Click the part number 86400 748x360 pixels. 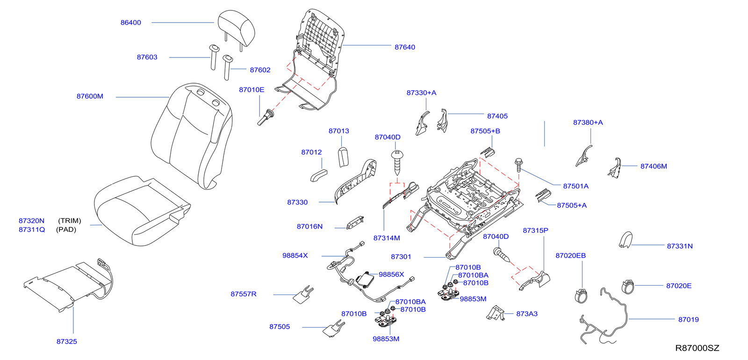pyautogui.click(x=130, y=22)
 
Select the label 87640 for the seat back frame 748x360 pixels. pyautogui.click(x=404, y=47)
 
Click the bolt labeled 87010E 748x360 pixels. pyautogui.click(x=265, y=117)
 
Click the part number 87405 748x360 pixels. pyautogui.click(x=497, y=116)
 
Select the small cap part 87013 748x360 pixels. pyautogui.click(x=344, y=156)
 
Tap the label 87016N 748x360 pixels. pyautogui.click(x=309, y=226)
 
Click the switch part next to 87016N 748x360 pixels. pyautogui.click(x=355, y=223)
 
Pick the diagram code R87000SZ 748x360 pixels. pyautogui.click(x=697, y=348)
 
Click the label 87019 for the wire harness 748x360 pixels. pyautogui.click(x=688, y=319)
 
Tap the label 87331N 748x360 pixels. pyautogui.click(x=679, y=246)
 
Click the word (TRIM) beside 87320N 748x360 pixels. pyautogui.click(x=70, y=221)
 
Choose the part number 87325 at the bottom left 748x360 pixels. pyautogui.click(x=67, y=341)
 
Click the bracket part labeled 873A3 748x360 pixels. pyautogui.click(x=496, y=313)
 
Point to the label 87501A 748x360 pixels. pyautogui.click(x=575, y=186)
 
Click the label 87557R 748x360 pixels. pyautogui.click(x=244, y=294)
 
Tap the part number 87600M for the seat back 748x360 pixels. pyautogui.click(x=90, y=96)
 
